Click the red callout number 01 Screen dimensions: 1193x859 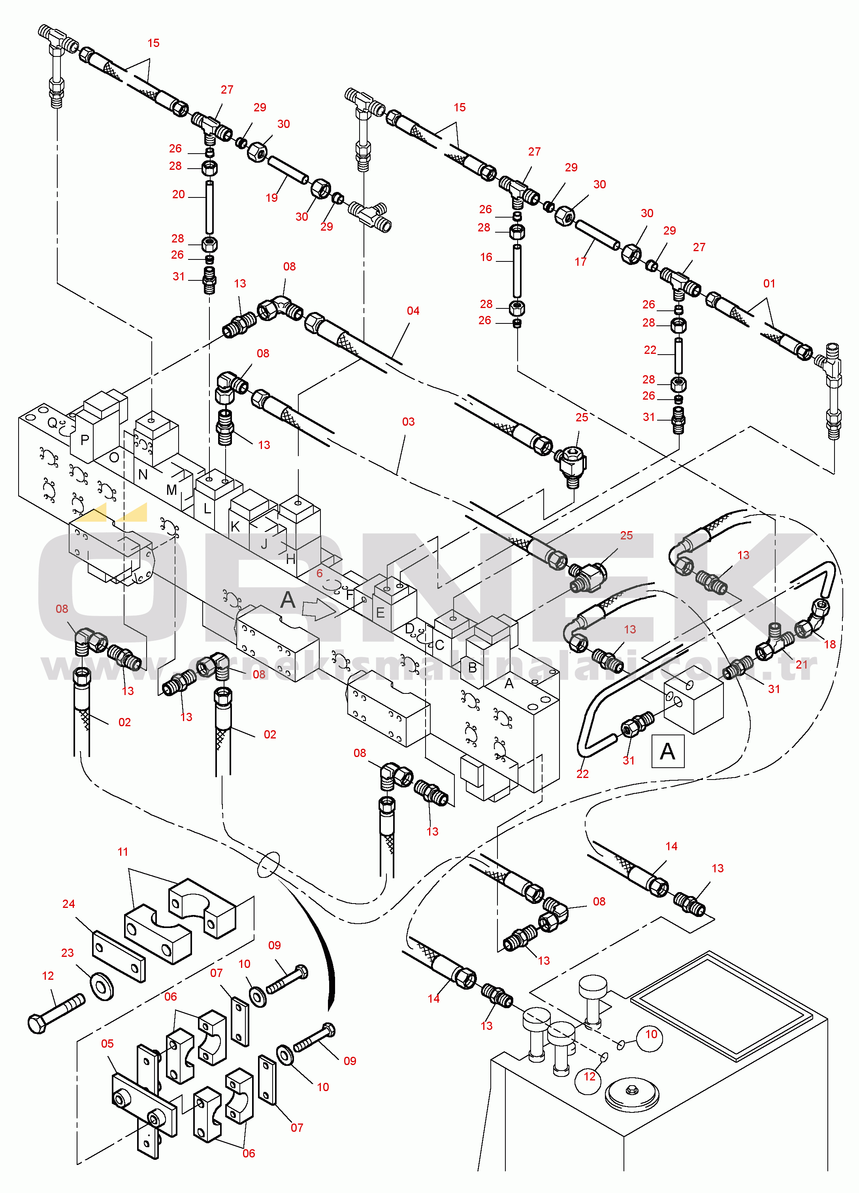coord(769,284)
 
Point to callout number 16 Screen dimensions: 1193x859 coord(486,257)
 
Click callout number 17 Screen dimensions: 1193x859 coord(580,261)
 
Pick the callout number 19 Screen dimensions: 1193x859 coord(271,198)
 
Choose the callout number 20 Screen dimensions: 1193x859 coord(179,194)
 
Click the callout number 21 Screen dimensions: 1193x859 coord(801,664)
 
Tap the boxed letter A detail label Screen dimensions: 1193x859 coord(667,751)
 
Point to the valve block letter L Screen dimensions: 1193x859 coord(207,509)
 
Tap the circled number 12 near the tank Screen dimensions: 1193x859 coord(590,1076)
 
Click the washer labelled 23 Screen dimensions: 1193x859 coord(102,986)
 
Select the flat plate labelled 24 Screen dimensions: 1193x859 coord(119,957)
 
